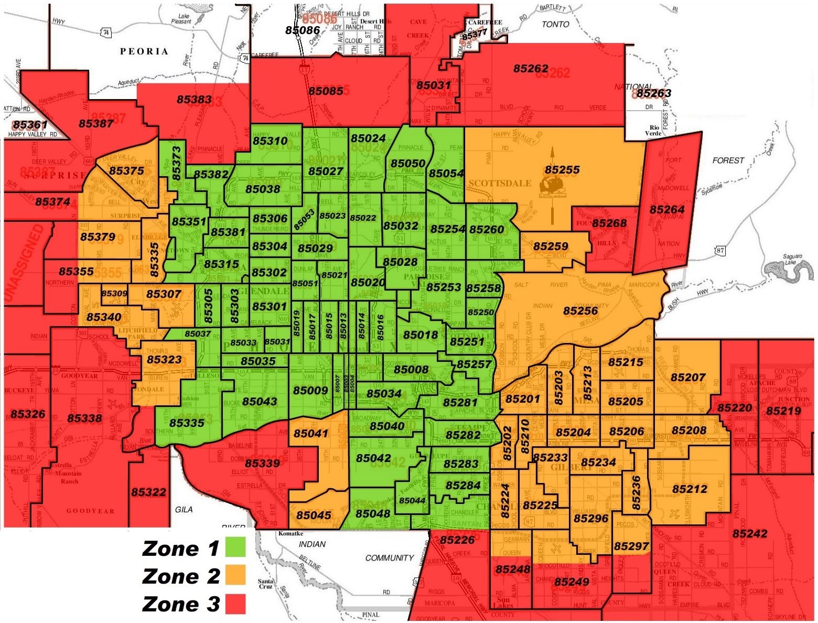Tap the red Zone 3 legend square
coord(235,604)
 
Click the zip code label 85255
coord(562,170)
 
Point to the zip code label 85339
coord(262,464)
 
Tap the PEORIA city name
coord(144,51)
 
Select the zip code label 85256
coord(580,311)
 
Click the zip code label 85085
coord(326,91)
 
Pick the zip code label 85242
coord(750,534)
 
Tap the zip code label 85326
coord(28,414)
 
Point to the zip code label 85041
coord(311,434)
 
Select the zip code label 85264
coord(667,210)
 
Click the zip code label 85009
coord(310,391)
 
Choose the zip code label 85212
coord(690,489)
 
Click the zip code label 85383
coord(194,99)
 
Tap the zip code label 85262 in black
coord(531,69)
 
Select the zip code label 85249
coord(572,582)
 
